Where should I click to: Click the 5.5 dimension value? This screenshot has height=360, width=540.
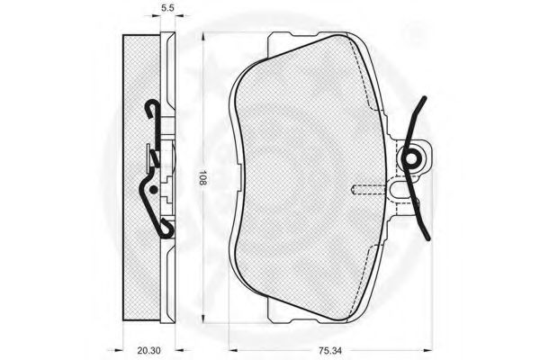(x=167, y=8)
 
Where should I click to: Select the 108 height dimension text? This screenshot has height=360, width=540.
(x=202, y=178)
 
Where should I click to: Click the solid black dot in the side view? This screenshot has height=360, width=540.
(x=154, y=189)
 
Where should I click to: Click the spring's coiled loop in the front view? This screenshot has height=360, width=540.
(x=411, y=158)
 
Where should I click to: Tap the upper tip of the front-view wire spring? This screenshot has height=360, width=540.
(x=425, y=98)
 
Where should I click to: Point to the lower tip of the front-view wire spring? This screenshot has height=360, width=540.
(x=428, y=238)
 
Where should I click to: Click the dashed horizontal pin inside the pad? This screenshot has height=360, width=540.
(x=368, y=189)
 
